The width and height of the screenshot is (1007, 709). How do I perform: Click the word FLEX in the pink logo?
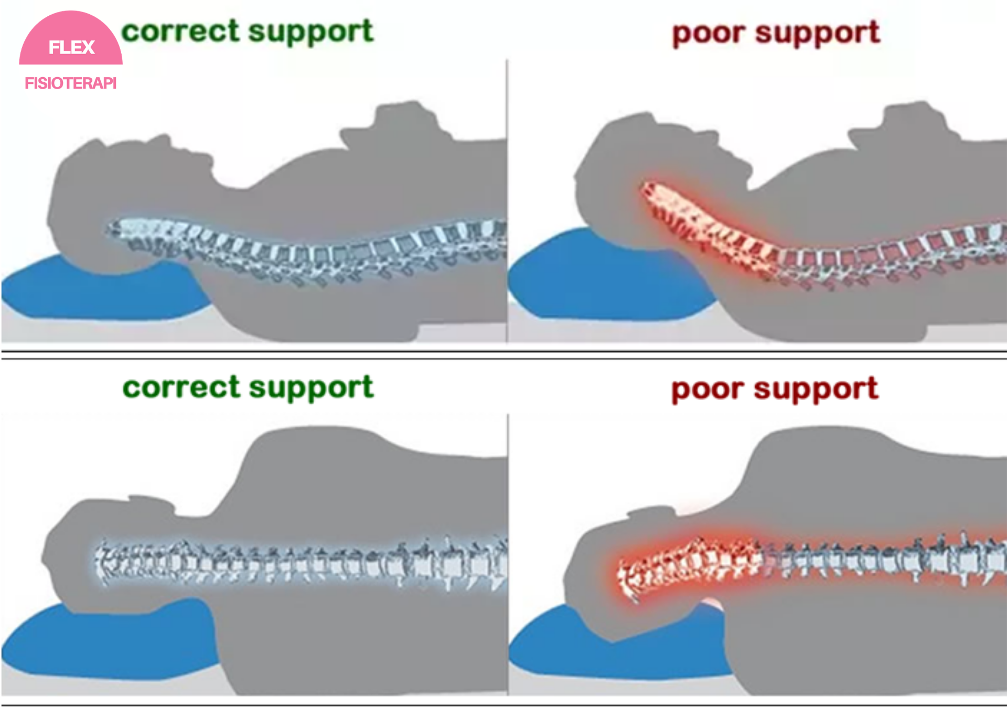[71, 47]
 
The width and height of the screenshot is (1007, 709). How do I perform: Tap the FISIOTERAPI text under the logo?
[70, 83]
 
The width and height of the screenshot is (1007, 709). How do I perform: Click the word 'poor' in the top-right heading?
[708, 34]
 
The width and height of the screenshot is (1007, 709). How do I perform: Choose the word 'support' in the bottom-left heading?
[311, 389]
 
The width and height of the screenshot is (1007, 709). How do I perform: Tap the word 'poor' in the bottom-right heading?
[708, 390]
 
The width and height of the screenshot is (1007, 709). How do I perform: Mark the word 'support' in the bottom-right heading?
[816, 390]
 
